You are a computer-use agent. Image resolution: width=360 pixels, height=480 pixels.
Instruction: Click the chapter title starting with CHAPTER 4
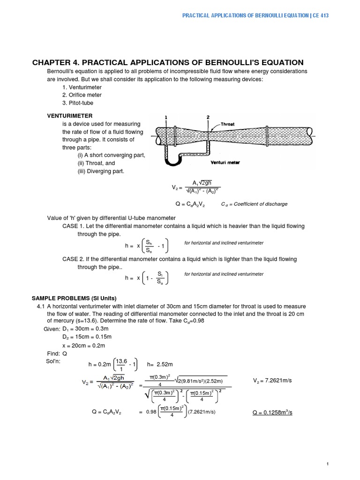[x=167, y=62]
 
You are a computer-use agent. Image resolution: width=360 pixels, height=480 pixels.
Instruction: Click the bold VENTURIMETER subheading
[x=70, y=115]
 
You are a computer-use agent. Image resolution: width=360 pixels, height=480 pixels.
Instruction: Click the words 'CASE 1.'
[x=73, y=226]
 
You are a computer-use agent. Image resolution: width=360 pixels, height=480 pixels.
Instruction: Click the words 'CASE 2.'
[x=73, y=259]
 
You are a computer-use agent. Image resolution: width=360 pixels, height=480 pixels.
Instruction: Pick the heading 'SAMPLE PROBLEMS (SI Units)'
[x=74, y=299]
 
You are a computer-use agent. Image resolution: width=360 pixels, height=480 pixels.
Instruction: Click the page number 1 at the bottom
[x=328, y=463]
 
